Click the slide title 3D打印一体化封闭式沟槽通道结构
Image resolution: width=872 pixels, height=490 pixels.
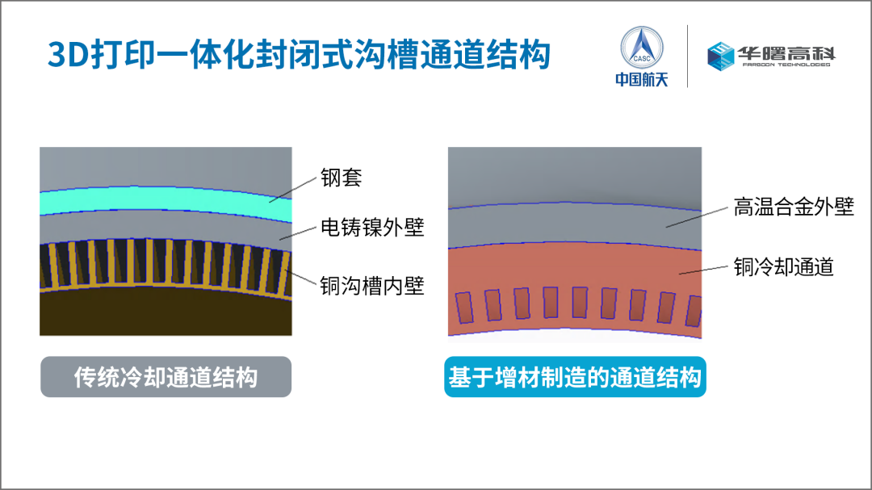point(299,55)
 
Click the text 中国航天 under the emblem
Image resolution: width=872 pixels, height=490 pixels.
point(641,80)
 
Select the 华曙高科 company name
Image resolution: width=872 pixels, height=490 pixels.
point(786,53)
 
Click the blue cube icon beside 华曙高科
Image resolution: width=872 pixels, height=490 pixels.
point(721,55)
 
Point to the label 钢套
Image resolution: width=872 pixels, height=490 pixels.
point(341,178)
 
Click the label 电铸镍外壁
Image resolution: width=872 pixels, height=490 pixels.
point(371,228)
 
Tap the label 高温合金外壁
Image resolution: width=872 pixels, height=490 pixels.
point(794,207)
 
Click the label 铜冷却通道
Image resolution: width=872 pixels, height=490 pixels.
point(783,266)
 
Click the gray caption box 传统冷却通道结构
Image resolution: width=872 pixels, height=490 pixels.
point(166,377)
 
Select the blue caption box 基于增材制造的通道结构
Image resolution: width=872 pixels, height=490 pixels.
point(575,377)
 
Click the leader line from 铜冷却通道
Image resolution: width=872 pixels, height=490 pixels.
point(703,269)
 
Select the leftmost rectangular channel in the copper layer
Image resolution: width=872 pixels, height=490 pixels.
point(463,308)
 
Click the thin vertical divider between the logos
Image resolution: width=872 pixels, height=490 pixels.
point(687,56)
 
